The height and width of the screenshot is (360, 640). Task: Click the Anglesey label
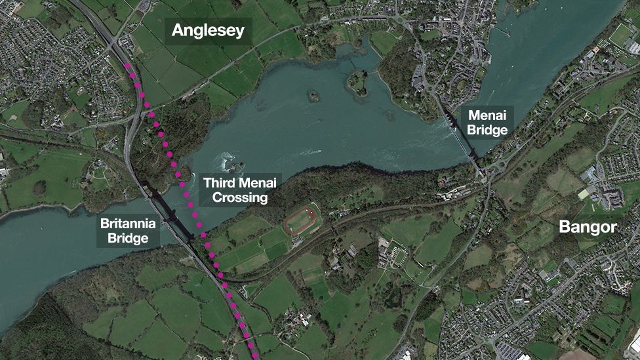click(x=207, y=30)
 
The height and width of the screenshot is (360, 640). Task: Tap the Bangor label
click(x=588, y=228)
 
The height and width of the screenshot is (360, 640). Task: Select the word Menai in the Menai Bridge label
click(x=487, y=115)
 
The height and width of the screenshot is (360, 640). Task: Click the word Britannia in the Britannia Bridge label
click(x=128, y=224)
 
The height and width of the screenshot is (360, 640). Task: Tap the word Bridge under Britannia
click(x=128, y=238)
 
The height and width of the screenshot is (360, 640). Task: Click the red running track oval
click(x=301, y=220)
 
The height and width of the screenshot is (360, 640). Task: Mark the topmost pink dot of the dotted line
click(x=127, y=66)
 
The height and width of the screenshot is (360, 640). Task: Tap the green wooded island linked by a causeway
click(x=357, y=81)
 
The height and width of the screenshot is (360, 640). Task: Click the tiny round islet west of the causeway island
click(x=313, y=96)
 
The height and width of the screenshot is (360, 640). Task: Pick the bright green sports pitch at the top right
click(x=620, y=35)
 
